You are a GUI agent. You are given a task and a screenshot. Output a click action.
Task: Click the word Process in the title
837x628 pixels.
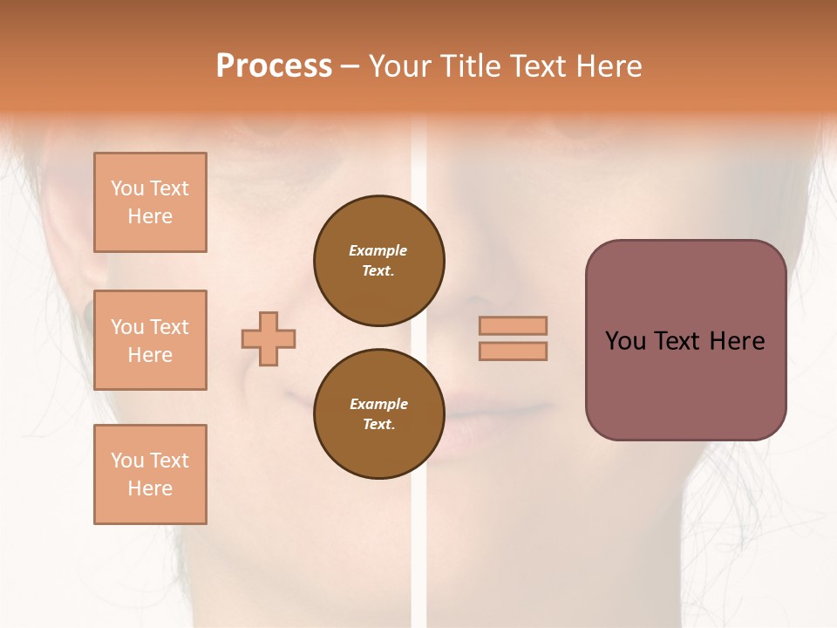[274, 66]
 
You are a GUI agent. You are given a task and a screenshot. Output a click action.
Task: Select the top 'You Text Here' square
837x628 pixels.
[150, 202]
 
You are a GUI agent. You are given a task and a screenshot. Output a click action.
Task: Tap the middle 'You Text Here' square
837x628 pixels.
[150, 340]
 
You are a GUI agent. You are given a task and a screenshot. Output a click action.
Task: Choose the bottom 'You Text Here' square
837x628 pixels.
[150, 474]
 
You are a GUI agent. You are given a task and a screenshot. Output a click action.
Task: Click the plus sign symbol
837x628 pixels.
[269, 338]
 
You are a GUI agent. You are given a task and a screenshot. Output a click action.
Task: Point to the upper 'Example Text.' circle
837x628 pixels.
[378, 261]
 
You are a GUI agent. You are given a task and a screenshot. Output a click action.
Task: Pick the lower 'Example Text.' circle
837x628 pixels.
[378, 414]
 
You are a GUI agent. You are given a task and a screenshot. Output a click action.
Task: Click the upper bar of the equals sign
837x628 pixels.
[513, 325]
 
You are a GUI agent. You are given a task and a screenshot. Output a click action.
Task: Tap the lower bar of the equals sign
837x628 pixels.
[513, 351]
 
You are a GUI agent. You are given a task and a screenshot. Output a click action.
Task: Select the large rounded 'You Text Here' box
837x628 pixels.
[685, 340]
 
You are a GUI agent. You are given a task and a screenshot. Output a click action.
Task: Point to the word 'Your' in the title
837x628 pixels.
[401, 66]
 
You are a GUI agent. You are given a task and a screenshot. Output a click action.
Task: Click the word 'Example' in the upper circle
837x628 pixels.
[378, 250]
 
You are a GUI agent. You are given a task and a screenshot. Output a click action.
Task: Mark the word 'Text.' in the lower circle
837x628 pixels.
[378, 425]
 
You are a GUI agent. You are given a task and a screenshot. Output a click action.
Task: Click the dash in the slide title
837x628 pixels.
[350, 67]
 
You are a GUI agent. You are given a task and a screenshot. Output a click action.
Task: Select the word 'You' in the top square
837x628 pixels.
[127, 188]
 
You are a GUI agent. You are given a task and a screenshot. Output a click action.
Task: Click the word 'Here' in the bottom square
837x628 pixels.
[150, 488]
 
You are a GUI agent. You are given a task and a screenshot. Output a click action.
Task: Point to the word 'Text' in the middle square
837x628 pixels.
[168, 327]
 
